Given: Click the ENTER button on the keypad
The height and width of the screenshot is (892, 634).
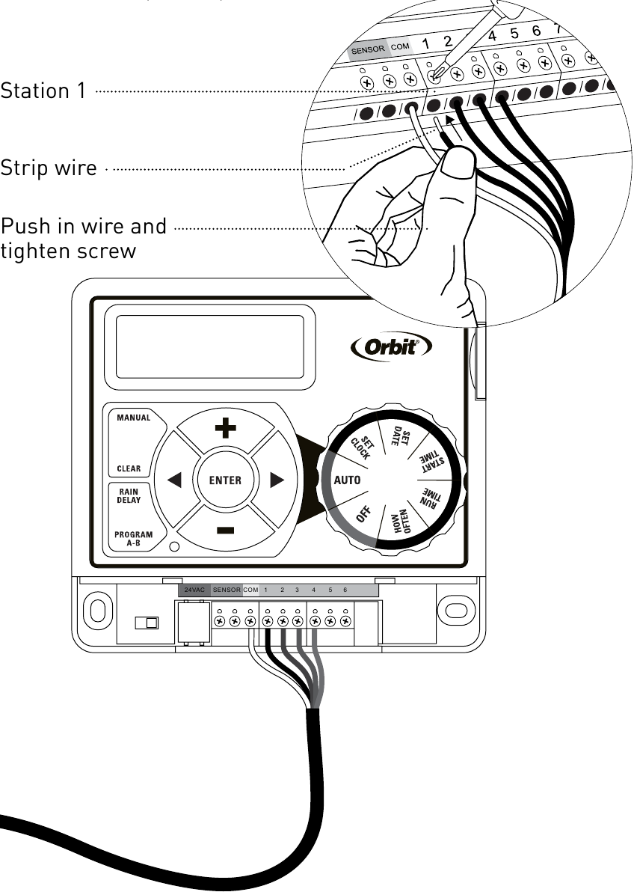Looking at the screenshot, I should pyautogui.click(x=225, y=480).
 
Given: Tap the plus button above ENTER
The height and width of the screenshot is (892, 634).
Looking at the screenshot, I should pyautogui.click(x=225, y=429).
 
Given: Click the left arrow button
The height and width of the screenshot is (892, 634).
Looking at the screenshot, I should pyautogui.click(x=174, y=480).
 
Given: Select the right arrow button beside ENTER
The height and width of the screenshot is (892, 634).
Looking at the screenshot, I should pyautogui.click(x=277, y=480).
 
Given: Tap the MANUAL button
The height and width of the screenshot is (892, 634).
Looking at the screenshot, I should pyautogui.click(x=133, y=418).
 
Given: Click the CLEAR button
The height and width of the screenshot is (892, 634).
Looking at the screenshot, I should pyautogui.click(x=129, y=469).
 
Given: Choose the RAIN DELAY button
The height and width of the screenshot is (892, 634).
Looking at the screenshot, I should pyautogui.click(x=129, y=495).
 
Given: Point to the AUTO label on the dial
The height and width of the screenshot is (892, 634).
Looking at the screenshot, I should pyautogui.click(x=348, y=480).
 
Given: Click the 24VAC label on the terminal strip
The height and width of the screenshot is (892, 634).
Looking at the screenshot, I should pyautogui.click(x=194, y=590).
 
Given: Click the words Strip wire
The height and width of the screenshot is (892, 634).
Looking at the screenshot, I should pyautogui.click(x=49, y=168).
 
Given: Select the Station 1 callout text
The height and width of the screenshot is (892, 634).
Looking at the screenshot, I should pyautogui.click(x=43, y=91).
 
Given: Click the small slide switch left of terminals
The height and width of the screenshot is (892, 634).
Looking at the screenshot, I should pyautogui.click(x=146, y=622).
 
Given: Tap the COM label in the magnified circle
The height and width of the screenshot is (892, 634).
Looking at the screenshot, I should pyautogui.click(x=400, y=48).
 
